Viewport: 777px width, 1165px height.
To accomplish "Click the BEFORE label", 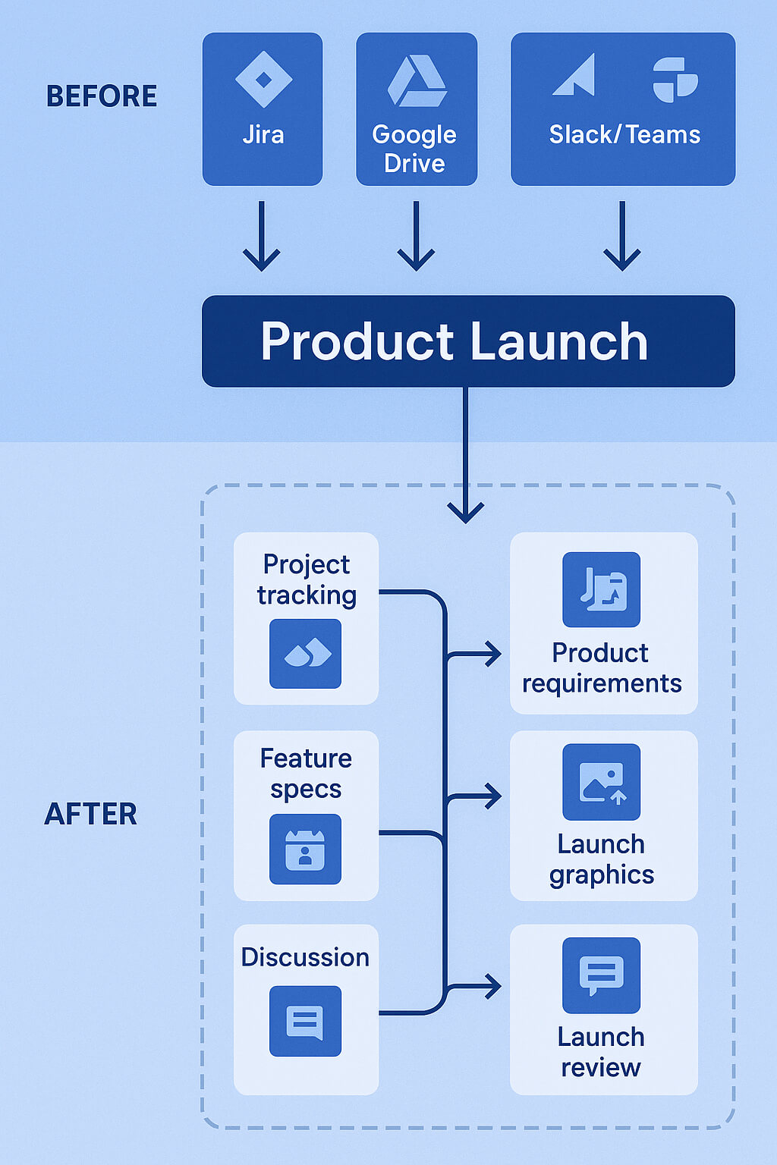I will (x=102, y=96).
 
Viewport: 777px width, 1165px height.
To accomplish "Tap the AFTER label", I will (x=90, y=814).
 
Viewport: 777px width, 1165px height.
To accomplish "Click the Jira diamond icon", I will (x=263, y=79).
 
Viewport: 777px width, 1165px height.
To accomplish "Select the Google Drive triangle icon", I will (x=417, y=81).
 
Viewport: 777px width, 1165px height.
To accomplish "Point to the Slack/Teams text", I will (x=624, y=134).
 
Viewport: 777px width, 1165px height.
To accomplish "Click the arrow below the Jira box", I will (x=262, y=236).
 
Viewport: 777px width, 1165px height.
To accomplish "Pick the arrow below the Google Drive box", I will (x=416, y=236).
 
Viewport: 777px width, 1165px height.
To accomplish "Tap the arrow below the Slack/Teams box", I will (x=622, y=236).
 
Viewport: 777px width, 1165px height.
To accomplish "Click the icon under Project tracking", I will (x=306, y=654).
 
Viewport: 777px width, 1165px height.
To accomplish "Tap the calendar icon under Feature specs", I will (x=306, y=849).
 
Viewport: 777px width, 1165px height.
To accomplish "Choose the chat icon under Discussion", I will (x=306, y=1021).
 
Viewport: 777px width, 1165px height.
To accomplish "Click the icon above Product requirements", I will (x=601, y=589).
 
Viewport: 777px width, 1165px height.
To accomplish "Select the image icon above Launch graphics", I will (x=601, y=782).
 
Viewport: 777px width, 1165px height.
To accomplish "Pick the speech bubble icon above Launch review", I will (x=601, y=975).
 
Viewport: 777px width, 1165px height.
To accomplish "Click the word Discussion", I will (x=305, y=957).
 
